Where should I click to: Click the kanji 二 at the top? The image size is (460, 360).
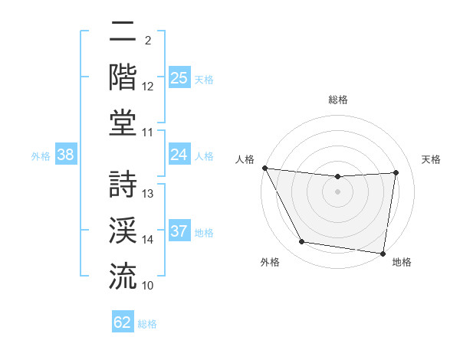[x=123, y=32]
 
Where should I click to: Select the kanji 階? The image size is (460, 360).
[x=123, y=77]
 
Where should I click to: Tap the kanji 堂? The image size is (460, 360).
[x=123, y=123]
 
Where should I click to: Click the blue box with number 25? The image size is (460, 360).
[x=179, y=78]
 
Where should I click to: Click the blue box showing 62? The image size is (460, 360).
[x=123, y=322]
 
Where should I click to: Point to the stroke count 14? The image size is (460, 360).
[x=148, y=240]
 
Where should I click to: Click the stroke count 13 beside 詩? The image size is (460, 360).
[x=148, y=194]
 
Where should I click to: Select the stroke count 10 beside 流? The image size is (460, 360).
[x=148, y=286]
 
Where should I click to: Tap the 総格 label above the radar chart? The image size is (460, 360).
[x=337, y=100]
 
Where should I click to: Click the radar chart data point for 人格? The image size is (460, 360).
[x=264, y=168]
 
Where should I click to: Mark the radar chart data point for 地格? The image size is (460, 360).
[x=383, y=253]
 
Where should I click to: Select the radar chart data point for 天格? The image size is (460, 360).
[x=396, y=172]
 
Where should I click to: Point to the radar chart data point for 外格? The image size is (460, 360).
[x=301, y=242]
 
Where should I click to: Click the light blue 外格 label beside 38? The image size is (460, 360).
[x=41, y=156]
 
